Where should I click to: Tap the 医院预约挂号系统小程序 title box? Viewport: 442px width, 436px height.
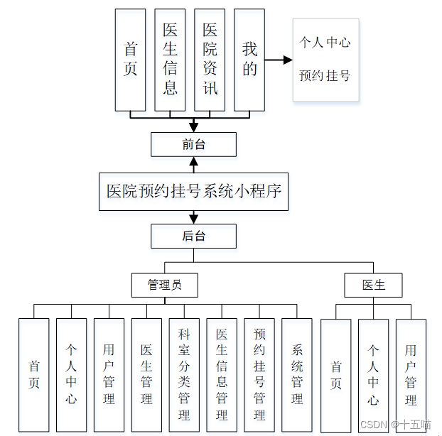tap(193, 191)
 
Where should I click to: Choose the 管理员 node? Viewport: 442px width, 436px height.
tap(164, 285)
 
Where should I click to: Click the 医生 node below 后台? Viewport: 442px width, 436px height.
tap(373, 285)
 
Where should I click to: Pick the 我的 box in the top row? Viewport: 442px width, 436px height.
tap(249, 60)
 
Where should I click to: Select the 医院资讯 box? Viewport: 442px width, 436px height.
tap(210, 60)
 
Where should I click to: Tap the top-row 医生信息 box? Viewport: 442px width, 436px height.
tap(170, 60)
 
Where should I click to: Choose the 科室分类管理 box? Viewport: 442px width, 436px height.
tap(184, 374)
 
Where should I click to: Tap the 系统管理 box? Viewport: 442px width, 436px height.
tap(297, 374)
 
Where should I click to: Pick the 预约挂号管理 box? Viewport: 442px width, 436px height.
tap(259, 374)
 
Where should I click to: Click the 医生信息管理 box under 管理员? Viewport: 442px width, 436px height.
tap(222, 374)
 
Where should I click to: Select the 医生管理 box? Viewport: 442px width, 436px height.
tap(146, 374)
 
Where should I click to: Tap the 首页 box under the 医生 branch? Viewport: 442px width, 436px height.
tap(335, 375)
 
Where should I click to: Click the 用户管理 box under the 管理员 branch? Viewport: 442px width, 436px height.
tap(109, 374)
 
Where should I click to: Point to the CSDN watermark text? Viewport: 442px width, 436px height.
tap(395, 424)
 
